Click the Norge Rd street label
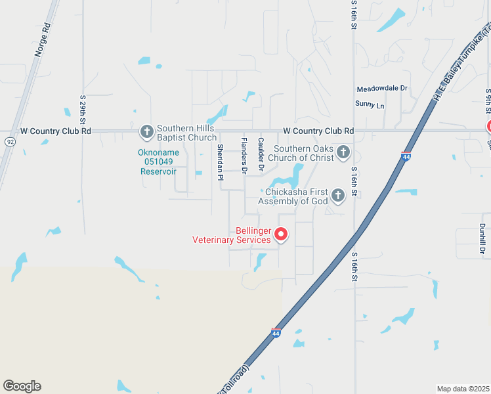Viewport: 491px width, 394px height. click(43, 41)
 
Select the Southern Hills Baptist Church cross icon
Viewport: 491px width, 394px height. click(146, 131)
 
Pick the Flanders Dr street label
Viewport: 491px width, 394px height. click(244, 156)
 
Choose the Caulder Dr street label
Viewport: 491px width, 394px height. click(261, 155)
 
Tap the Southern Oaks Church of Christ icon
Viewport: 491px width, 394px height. click(343, 154)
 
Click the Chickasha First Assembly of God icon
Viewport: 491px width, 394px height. click(337, 195)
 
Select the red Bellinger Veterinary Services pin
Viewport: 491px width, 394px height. click(280, 234)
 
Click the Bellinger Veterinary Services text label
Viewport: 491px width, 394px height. click(231, 235)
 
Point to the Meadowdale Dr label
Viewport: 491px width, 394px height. click(382, 89)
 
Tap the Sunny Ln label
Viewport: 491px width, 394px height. click(370, 104)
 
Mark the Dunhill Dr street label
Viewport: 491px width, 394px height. click(482, 239)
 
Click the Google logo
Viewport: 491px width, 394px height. click(22, 386)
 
